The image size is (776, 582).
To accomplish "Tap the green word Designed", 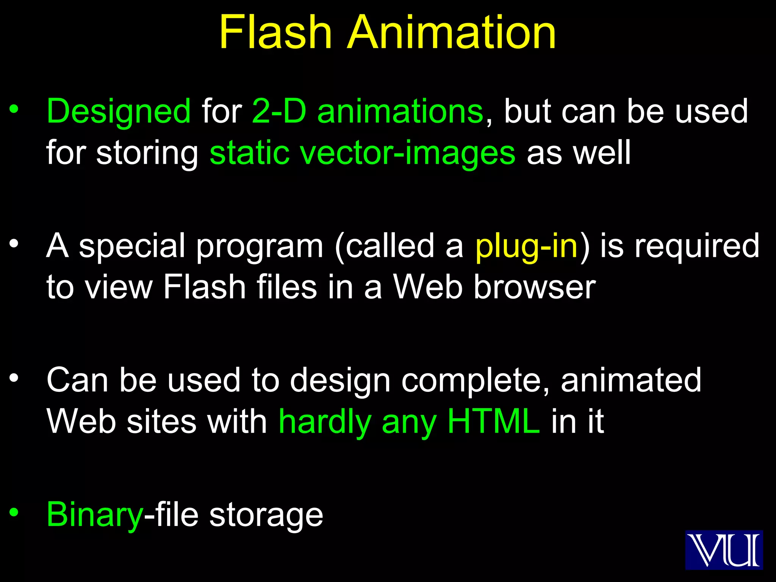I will click(x=119, y=112).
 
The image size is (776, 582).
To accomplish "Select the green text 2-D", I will click(x=279, y=111).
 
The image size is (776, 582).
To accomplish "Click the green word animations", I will click(x=400, y=111).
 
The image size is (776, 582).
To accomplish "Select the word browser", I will click(x=535, y=287).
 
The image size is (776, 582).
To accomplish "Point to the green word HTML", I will click(x=493, y=421).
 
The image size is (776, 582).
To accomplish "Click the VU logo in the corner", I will click(x=724, y=549).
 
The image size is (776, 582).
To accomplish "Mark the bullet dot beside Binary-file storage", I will click(x=14, y=512).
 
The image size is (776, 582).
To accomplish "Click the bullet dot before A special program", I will click(x=14, y=243).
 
